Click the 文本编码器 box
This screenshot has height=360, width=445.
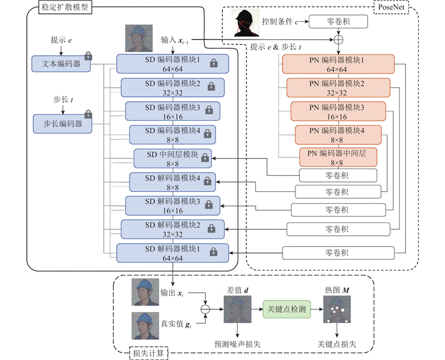coord(61,64)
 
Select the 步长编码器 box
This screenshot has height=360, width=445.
coord(62,124)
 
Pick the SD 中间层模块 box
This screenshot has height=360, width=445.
coord(172,159)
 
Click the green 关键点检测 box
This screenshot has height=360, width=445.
coord(286,308)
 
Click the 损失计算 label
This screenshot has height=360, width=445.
coord(149,353)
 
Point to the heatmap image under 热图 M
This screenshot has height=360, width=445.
coord(338,310)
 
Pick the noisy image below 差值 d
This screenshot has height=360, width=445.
coord(238,310)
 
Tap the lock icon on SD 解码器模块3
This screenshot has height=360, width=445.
coord(209,206)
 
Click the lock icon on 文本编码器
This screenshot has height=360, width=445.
coord(88,56)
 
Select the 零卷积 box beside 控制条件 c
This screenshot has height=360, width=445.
coord(338,22)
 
